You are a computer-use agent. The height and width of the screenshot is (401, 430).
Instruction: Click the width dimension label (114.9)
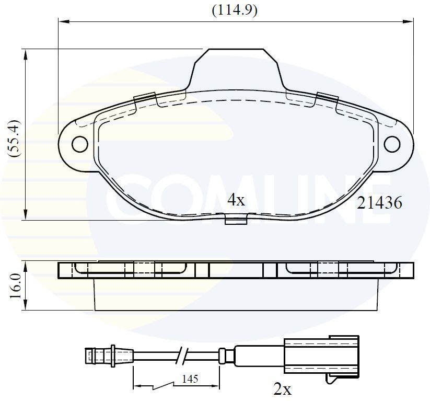click(234, 10)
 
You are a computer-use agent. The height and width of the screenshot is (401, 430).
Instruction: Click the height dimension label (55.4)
click(14, 138)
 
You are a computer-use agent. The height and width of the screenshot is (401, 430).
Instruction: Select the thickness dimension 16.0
click(14, 285)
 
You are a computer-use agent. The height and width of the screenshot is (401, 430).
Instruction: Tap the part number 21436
click(379, 203)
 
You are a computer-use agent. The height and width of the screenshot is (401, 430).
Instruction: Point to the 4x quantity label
click(236, 200)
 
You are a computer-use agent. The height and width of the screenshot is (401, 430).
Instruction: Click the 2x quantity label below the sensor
click(283, 388)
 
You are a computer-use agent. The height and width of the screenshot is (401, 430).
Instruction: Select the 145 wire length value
click(191, 379)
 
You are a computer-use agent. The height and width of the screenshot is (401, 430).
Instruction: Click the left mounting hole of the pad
click(80, 144)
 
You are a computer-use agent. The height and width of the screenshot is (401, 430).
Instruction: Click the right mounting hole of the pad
click(392, 144)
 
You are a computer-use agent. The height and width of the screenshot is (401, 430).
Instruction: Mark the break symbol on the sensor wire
click(183, 356)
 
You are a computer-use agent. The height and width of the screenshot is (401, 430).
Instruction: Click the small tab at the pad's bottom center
click(236, 220)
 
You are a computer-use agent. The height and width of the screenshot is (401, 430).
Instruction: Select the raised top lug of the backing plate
click(235, 65)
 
